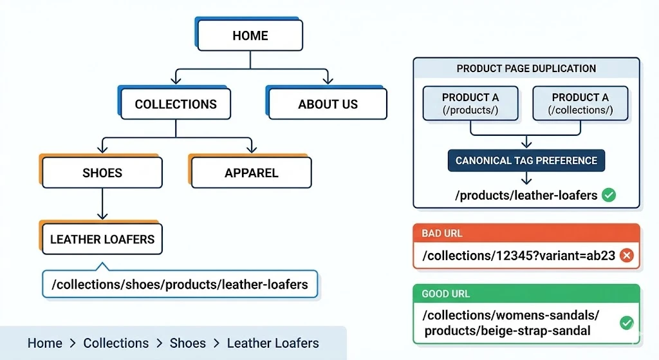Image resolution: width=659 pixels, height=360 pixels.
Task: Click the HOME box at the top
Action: (250, 35)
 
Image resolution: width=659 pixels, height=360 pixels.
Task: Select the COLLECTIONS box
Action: (176, 104)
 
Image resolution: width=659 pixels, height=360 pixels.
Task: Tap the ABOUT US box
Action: (328, 104)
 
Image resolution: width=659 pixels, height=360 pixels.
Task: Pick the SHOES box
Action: (102, 173)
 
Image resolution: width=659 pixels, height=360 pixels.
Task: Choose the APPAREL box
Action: (251, 173)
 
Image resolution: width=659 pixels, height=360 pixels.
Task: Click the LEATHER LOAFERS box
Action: (102, 239)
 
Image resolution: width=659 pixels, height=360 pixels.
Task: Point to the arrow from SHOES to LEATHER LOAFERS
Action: (102, 206)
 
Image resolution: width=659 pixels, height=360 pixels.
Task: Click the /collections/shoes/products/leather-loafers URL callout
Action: (180, 284)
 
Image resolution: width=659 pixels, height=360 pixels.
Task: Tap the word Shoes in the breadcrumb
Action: (187, 343)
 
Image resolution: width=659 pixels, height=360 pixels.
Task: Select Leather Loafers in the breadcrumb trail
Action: (273, 343)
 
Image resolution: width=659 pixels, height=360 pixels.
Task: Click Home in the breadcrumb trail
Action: (45, 343)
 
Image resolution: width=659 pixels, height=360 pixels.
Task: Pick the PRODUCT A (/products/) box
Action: (470, 103)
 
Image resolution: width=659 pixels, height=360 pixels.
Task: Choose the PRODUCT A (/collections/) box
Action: (580, 103)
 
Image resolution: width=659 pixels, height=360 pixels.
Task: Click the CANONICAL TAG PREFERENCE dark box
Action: (526, 160)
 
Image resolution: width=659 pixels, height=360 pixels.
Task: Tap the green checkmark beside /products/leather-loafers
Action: (608, 195)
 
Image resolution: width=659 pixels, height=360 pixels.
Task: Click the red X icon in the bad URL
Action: (626, 256)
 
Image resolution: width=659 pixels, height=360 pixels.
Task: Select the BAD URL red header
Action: (526, 233)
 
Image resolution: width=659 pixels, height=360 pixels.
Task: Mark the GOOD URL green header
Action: (526, 294)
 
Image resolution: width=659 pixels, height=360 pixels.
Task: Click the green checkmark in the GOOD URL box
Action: (626, 323)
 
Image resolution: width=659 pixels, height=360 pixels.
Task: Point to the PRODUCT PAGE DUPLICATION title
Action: (526, 68)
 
